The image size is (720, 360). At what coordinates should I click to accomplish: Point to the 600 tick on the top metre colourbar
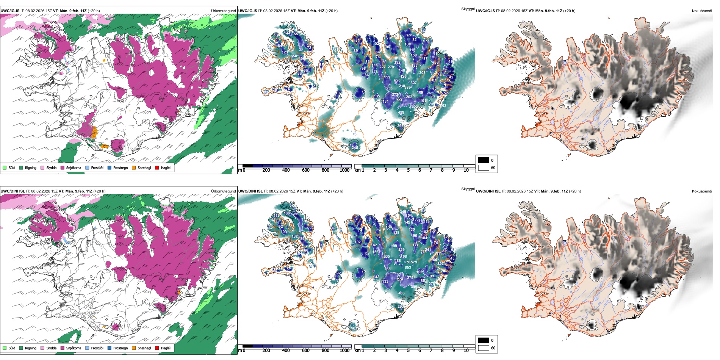306,170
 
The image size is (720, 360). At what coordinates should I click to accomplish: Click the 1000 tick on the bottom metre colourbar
344,351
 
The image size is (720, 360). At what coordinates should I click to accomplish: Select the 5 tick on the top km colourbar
409,170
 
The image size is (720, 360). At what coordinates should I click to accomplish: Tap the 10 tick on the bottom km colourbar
466,351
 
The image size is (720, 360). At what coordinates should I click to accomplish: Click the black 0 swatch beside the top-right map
484,160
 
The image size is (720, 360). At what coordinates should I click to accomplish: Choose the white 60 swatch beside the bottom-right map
484,348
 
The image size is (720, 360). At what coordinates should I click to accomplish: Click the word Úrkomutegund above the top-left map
224,11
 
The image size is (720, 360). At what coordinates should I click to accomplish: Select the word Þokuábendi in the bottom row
702,191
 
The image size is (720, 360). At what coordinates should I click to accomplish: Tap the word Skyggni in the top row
468,9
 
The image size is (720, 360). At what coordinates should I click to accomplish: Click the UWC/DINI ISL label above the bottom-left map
13,191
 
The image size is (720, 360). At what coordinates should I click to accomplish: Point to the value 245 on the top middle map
355,148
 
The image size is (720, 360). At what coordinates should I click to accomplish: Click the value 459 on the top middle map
401,113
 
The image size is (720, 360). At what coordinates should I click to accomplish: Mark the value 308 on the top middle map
422,73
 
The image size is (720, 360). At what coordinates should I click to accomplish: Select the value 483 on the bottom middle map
401,293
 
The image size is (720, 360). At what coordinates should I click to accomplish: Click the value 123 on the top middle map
285,52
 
